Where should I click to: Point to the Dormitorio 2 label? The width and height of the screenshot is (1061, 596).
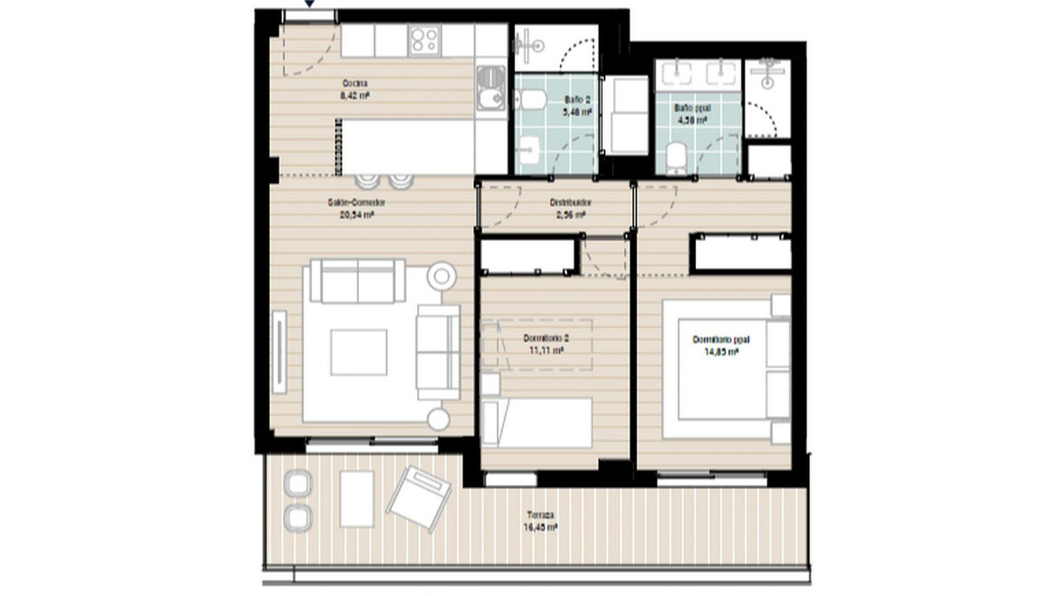coord(546,339)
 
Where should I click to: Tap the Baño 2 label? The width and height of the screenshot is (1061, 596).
coord(576,101)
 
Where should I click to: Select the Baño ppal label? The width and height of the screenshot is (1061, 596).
coord(692,108)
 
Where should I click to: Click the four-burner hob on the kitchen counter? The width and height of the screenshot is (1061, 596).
coord(424,39)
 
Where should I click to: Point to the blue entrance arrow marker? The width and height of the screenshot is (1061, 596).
coord(309,4)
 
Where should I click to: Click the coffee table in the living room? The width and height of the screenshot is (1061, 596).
coord(358,352)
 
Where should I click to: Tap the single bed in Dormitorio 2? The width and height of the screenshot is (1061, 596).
coord(538,423)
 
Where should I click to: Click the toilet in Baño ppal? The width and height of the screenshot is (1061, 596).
coord(676,158)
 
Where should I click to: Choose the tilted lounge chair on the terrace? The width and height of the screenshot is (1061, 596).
coord(419,497)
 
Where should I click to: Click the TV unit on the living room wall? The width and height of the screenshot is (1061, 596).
coord(280,351)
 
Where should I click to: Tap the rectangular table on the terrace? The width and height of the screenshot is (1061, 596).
coord(356,499)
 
